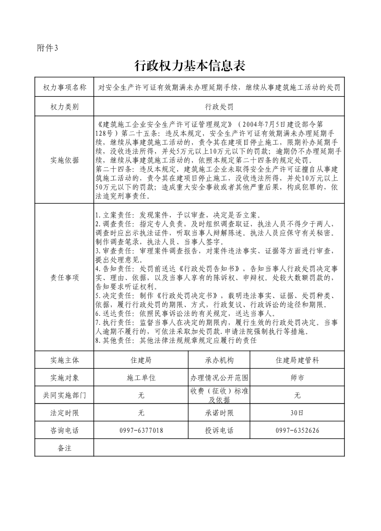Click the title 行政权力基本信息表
[x=190, y=66]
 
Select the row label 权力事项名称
[x=64, y=87]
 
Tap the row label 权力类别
[x=64, y=106]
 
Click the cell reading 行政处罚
[x=219, y=106]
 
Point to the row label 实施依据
[x=64, y=160]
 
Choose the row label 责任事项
[x=64, y=277]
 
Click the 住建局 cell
[x=141, y=360]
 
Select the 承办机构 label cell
[x=219, y=360]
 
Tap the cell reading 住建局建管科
[x=297, y=360]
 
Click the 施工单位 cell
[x=141, y=378]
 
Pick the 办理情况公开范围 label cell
[x=219, y=378]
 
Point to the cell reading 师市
[x=297, y=378]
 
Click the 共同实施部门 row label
[x=64, y=395]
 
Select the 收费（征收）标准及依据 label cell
[x=219, y=395]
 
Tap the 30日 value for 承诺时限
[x=297, y=413]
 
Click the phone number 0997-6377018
[x=141, y=430]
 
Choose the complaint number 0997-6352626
[x=297, y=430]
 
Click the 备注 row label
[x=64, y=448]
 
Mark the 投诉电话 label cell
[x=219, y=430]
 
